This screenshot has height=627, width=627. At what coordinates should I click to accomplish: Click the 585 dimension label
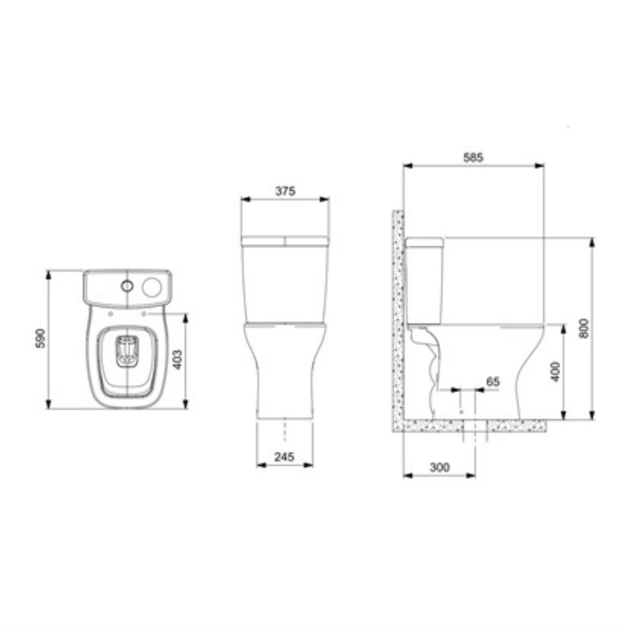[x=473, y=158]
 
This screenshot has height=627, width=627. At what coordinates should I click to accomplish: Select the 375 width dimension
[x=285, y=191]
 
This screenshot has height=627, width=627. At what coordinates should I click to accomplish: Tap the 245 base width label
[x=284, y=457]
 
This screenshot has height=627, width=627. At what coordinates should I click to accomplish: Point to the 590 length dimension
[x=41, y=339]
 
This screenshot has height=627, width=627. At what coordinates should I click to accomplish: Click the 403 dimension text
[x=178, y=359]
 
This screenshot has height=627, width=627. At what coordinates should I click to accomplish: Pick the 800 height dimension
[x=584, y=328]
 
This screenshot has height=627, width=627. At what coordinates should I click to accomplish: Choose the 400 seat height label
[x=555, y=371]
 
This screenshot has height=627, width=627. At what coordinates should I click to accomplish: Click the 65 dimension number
[x=493, y=382]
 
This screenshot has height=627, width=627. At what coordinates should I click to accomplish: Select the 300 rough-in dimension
[x=439, y=467]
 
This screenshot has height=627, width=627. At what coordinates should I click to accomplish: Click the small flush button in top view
[x=127, y=286]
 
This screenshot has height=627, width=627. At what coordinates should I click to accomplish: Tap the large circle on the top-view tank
[x=151, y=286]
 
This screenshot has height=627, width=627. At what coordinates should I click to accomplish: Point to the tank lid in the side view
[x=424, y=243]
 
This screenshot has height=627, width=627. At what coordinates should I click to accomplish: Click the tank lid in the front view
[x=285, y=241]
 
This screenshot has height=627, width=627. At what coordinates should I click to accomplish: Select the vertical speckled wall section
[x=398, y=316]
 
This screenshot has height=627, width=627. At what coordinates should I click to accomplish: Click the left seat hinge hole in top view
[x=110, y=314]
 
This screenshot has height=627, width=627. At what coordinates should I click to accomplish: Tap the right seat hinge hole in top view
[x=144, y=314]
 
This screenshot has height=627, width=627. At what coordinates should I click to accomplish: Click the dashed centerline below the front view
[x=285, y=430]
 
